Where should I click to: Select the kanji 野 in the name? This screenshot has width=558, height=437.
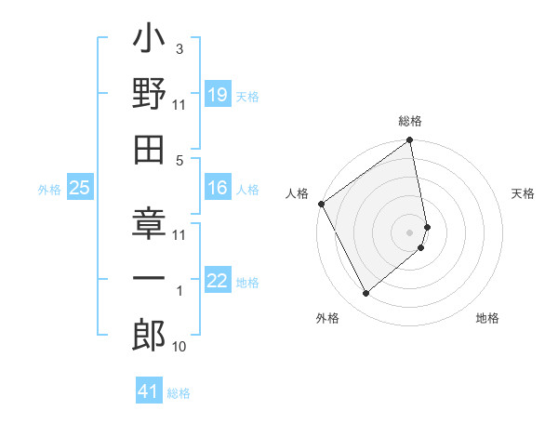[x=150, y=95]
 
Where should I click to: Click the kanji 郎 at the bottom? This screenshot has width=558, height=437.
[x=150, y=334]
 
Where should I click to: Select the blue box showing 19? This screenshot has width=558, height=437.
[x=217, y=96]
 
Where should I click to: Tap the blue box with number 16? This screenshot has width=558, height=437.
[x=217, y=189]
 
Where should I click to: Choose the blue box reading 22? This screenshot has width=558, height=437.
[x=217, y=282]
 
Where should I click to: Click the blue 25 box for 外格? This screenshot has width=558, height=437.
[x=79, y=189]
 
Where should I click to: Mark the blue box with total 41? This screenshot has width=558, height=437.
[x=149, y=391]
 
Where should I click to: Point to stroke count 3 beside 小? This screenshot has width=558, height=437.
[x=179, y=49]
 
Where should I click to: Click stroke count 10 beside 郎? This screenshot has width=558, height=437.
[x=179, y=347]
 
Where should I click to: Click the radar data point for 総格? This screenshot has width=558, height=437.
[x=410, y=141]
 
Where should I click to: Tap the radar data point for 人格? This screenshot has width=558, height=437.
[x=321, y=204]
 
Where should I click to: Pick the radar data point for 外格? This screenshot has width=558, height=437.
[x=365, y=294]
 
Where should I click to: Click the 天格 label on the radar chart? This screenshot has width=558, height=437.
[x=523, y=193]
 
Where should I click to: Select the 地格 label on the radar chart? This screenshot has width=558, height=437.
[x=487, y=318]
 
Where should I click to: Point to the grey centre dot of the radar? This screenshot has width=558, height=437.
[x=410, y=232]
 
